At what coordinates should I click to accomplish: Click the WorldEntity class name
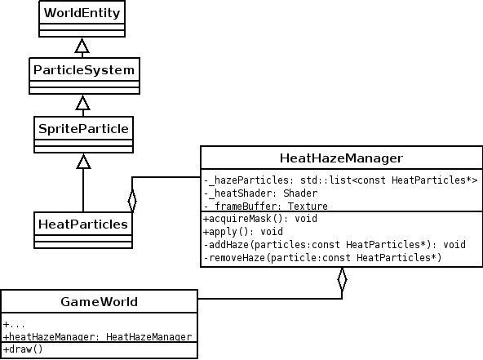(82, 13)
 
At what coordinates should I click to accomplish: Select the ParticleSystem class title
(84, 70)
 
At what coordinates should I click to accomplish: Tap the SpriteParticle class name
(83, 128)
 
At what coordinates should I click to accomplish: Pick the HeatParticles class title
(83, 224)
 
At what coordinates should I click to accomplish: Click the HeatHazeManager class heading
(341, 158)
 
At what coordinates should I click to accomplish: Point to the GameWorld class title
(100, 302)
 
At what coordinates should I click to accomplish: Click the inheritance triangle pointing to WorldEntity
(82, 46)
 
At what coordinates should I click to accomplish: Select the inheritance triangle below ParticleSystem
(83, 103)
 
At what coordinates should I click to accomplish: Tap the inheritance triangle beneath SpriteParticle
(83, 162)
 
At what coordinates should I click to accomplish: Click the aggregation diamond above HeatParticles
(132, 201)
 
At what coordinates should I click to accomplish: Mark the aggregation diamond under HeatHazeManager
(342, 279)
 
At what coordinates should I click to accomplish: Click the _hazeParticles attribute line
(340, 180)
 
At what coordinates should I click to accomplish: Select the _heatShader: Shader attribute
(260, 193)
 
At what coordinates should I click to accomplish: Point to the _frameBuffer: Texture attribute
(265, 206)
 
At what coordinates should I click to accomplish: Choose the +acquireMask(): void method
(260, 219)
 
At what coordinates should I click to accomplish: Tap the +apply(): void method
(243, 232)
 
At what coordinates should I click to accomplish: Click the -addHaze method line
(335, 245)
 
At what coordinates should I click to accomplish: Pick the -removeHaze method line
(322, 258)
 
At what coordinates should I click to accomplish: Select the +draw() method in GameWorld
(23, 349)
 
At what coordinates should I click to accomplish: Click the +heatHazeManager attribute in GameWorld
(97, 336)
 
